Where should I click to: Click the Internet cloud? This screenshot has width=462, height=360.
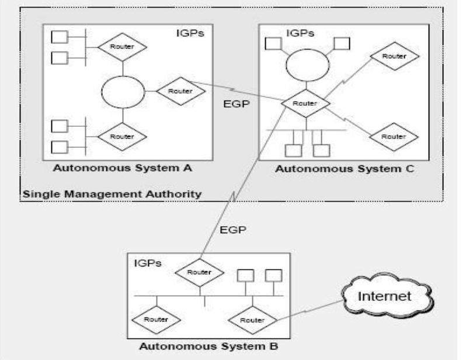[392, 296]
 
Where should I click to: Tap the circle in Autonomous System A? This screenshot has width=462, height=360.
[122, 92]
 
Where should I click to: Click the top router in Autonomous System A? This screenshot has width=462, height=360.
[121, 46]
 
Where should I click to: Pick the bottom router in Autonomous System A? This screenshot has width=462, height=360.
[121, 136]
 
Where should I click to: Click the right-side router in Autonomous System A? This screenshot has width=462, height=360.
[180, 92]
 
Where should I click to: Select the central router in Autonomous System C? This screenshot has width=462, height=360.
[304, 103]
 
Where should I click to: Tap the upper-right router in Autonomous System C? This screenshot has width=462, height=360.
[394, 57]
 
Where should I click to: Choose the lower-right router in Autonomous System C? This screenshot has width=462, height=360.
[394, 136]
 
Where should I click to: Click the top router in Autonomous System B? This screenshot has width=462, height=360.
[200, 271]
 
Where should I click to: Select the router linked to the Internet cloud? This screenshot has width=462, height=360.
[252, 320]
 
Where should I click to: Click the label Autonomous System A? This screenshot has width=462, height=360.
[123, 168]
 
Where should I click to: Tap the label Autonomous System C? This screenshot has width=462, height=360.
[345, 169]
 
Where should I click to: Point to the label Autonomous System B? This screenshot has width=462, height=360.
[209, 346]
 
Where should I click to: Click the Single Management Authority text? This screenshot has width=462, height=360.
[112, 193]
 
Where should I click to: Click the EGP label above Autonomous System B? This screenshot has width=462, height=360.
[233, 230]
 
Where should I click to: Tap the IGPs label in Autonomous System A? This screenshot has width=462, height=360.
[190, 33]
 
